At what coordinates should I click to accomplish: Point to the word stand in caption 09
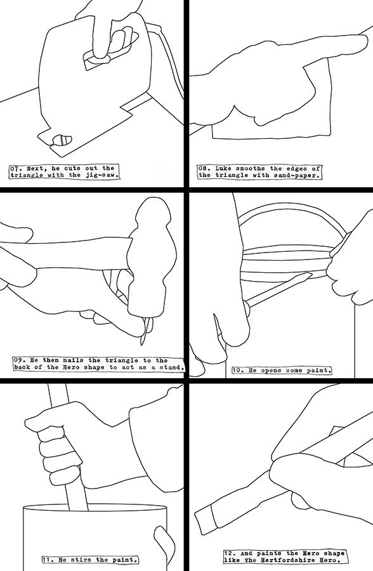tap(171, 367)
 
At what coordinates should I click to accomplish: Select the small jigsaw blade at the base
tap(62, 140)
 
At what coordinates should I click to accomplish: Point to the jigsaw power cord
tap(168, 55)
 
